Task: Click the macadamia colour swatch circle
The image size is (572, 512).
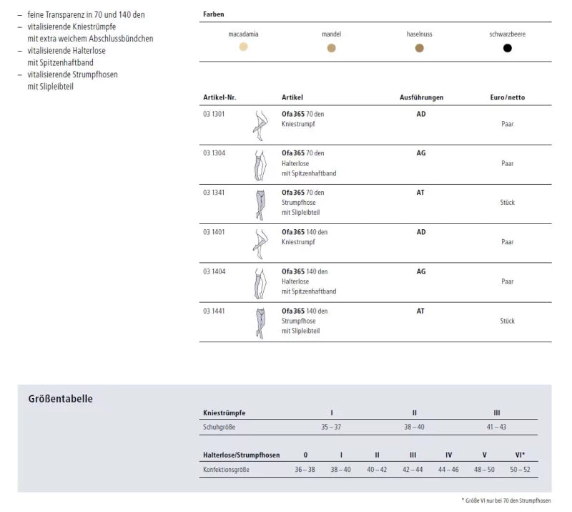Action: (x=244, y=47)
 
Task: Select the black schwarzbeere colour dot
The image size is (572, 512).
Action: (x=508, y=48)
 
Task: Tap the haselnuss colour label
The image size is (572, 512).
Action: (x=420, y=34)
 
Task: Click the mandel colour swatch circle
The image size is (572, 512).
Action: (x=331, y=48)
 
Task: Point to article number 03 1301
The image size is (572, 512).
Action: (x=214, y=114)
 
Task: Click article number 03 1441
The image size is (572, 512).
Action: (x=214, y=311)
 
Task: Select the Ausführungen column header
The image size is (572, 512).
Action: (x=421, y=97)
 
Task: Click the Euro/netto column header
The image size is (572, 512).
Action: (x=508, y=97)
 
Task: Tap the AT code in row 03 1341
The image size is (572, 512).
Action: (x=420, y=193)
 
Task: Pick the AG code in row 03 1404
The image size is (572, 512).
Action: (x=421, y=272)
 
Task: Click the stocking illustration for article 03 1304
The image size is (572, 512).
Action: (x=258, y=165)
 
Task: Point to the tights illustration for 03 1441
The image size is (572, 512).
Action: (x=259, y=322)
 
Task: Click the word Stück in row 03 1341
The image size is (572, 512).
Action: (x=508, y=203)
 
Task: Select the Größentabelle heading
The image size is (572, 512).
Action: (x=61, y=399)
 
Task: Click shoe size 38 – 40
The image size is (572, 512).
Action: (x=415, y=427)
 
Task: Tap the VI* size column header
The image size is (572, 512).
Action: (x=520, y=455)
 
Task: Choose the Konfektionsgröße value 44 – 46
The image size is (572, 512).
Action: (x=448, y=469)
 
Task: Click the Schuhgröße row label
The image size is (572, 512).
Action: (x=220, y=427)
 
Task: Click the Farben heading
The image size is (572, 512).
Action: (x=213, y=14)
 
